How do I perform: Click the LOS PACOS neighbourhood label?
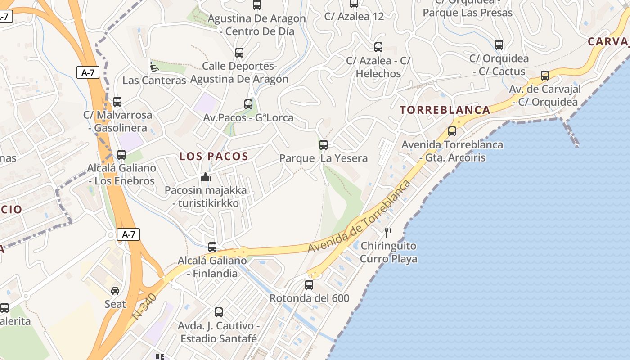click(x=214, y=157)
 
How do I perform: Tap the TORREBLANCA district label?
click(x=445, y=110)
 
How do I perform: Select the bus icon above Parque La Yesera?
click(x=323, y=145)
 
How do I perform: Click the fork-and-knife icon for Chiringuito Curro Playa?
click(x=388, y=233)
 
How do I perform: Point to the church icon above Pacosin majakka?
click(x=206, y=177)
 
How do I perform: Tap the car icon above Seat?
click(x=115, y=291)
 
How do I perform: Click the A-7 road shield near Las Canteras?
click(x=88, y=72)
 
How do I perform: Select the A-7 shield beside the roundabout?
click(x=128, y=234)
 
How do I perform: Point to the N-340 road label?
click(x=145, y=306)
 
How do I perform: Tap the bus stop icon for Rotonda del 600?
click(x=309, y=285)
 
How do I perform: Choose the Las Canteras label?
click(x=154, y=81)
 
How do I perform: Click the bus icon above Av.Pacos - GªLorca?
click(x=248, y=104)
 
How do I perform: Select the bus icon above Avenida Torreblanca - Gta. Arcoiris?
click(x=452, y=131)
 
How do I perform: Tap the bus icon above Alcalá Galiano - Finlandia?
click(x=212, y=247)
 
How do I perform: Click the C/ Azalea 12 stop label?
click(x=354, y=17)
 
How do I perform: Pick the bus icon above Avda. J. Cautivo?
click(x=219, y=312)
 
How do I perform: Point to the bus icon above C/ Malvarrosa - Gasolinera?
click(x=117, y=102)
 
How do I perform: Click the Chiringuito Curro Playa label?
click(x=388, y=252)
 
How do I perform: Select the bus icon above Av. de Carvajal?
click(x=545, y=76)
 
